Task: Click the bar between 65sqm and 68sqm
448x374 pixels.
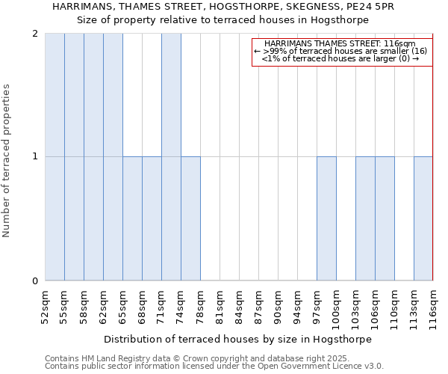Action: tap(132, 218)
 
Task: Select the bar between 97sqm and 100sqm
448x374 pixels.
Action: tap(326, 218)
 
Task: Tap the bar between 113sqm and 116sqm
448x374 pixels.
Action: tap(423, 218)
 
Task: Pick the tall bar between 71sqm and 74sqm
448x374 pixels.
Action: tap(171, 157)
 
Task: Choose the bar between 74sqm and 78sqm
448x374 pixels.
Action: tap(190, 218)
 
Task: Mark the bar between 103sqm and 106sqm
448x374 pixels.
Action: tap(365, 218)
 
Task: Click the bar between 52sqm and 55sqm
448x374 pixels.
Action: tap(55, 157)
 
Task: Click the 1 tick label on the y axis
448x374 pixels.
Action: tap(35, 157)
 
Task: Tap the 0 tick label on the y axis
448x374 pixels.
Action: tap(35, 281)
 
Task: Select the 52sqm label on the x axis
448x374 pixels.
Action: tap(45, 304)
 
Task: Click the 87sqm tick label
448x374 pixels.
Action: tap(258, 304)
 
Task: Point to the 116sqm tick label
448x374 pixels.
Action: tap(433, 304)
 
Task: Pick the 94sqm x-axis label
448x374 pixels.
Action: tap(297, 304)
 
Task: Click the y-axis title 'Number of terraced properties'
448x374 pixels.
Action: tap(7, 161)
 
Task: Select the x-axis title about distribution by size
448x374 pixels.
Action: tap(237, 339)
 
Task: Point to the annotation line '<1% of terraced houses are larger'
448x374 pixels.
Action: tap(340, 58)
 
